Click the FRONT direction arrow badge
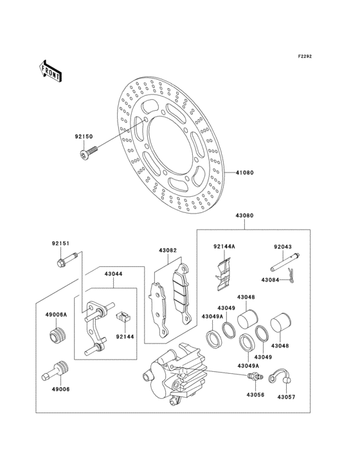(50, 70)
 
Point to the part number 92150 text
(84, 137)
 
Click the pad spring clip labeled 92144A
(221, 274)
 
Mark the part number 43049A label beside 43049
(212, 317)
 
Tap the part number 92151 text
(60, 243)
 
